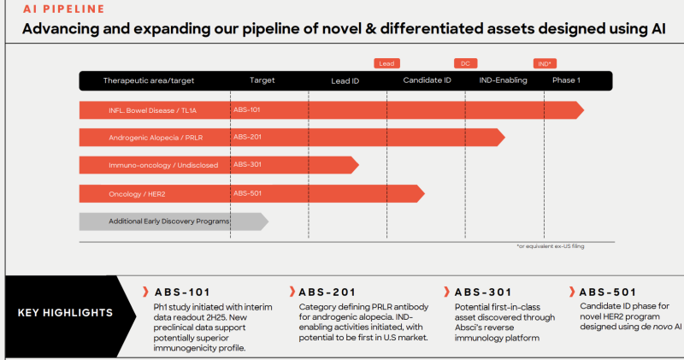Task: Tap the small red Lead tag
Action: (x=386, y=63)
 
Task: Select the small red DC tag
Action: (x=466, y=63)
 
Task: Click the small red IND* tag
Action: (x=544, y=63)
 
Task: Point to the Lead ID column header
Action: (x=345, y=80)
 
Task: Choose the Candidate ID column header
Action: (x=427, y=80)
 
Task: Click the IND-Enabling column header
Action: (x=503, y=80)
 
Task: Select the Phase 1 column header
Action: (x=566, y=80)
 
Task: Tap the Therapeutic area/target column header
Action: (x=149, y=80)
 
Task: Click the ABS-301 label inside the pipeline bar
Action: (x=248, y=164)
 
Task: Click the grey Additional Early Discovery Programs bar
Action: (x=171, y=221)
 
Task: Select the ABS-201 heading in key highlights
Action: (x=327, y=292)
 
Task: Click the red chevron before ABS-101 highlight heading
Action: (x=146, y=292)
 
